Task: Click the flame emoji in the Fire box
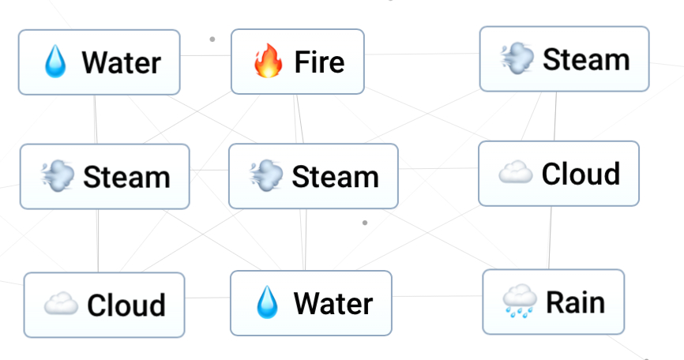(x=268, y=61)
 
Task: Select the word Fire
(x=319, y=62)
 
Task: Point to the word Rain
(x=576, y=302)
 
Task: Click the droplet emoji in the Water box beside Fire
(x=55, y=62)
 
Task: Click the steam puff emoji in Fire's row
(x=517, y=58)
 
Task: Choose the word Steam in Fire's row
(x=586, y=59)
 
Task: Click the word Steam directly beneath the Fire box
(x=335, y=176)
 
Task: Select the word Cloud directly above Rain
(x=581, y=174)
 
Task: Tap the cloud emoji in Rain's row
(x=60, y=304)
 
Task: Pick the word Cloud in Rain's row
(x=126, y=305)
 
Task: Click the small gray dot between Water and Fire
(x=212, y=39)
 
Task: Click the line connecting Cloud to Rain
(x=551, y=238)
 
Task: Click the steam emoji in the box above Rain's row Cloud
(x=58, y=176)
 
